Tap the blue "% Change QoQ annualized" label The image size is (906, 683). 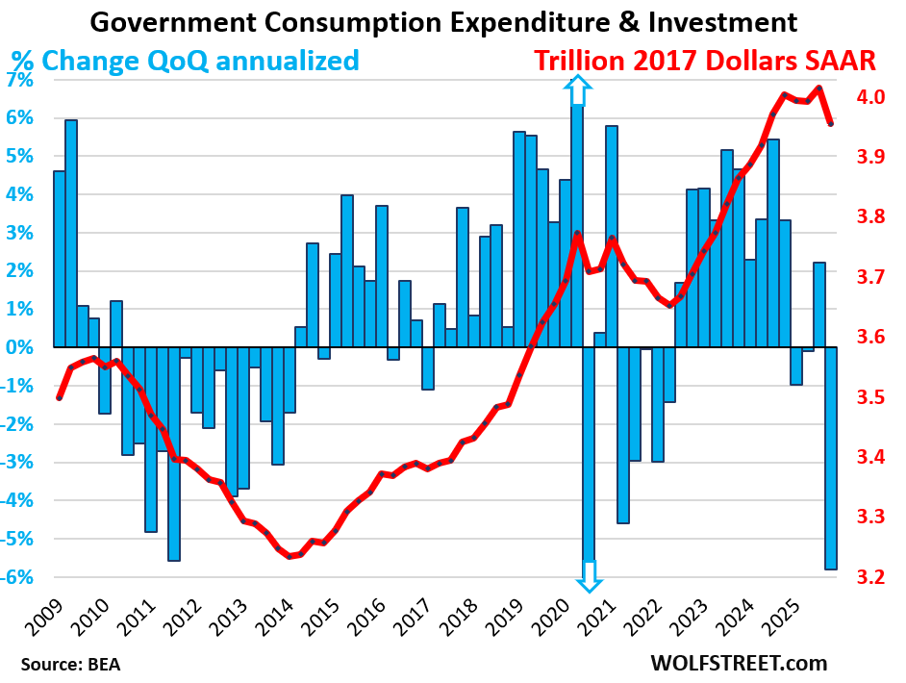coord(185,61)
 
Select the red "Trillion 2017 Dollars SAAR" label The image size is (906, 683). coord(704,61)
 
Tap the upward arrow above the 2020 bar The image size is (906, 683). coord(577,91)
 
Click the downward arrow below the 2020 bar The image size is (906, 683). coord(589,575)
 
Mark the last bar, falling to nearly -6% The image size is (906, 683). coord(830,458)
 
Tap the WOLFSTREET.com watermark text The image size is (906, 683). coord(739,663)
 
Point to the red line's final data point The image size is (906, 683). coord(830,124)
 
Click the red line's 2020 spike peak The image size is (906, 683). coord(577,234)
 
